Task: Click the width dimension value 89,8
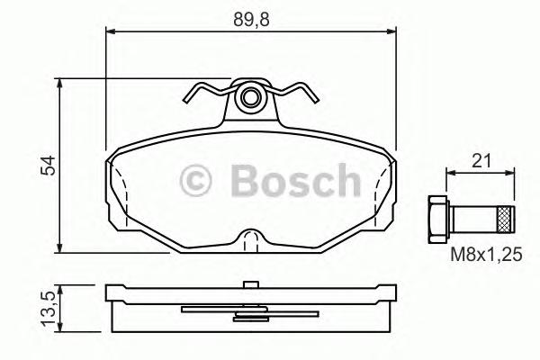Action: click(x=251, y=16)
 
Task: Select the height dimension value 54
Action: click(x=49, y=165)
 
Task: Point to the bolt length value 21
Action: click(x=481, y=161)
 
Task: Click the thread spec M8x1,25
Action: click(x=487, y=256)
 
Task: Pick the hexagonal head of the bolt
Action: click(x=436, y=217)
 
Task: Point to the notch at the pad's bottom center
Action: click(x=253, y=238)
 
